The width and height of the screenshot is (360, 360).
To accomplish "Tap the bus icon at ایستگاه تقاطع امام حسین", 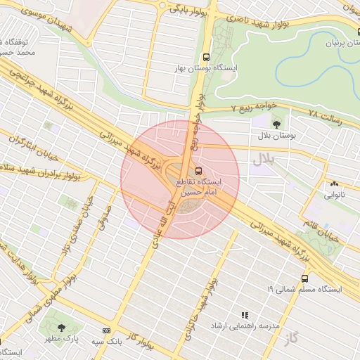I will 199,170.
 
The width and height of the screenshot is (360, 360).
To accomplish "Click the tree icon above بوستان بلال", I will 275,123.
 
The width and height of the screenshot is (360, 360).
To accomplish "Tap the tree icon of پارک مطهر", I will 61,328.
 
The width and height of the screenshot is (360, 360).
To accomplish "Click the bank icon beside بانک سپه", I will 106,330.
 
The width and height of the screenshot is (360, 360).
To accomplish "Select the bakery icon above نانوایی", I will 334,184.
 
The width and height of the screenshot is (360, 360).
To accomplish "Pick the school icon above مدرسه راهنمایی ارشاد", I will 244,316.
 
